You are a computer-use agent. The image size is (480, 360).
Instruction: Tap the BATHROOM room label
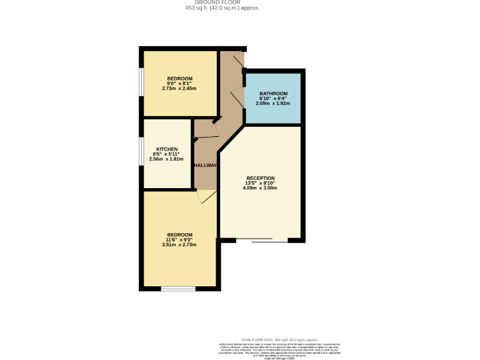coord(273,93)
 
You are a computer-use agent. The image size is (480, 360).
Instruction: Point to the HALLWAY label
coord(205,166)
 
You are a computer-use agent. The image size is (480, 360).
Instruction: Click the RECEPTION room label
coord(260,178)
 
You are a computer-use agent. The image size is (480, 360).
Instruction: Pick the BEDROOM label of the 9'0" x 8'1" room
coord(179,78)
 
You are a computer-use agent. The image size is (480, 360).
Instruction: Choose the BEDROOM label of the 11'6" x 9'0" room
coord(179,234)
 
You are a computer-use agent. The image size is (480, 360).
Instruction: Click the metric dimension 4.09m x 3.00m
coord(260,188)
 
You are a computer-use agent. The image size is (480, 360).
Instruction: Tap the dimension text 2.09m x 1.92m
coord(273,103)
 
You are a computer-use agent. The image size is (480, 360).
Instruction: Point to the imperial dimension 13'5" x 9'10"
coord(260,183)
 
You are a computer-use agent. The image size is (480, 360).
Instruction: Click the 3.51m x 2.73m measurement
coord(179,244)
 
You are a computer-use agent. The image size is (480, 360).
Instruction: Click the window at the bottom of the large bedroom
coord(178,288)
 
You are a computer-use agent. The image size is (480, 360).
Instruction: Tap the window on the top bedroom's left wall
coord(141,83)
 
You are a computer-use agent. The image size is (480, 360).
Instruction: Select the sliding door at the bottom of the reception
coord(270,240)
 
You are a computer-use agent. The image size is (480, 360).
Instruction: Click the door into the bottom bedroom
coord(206,196)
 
